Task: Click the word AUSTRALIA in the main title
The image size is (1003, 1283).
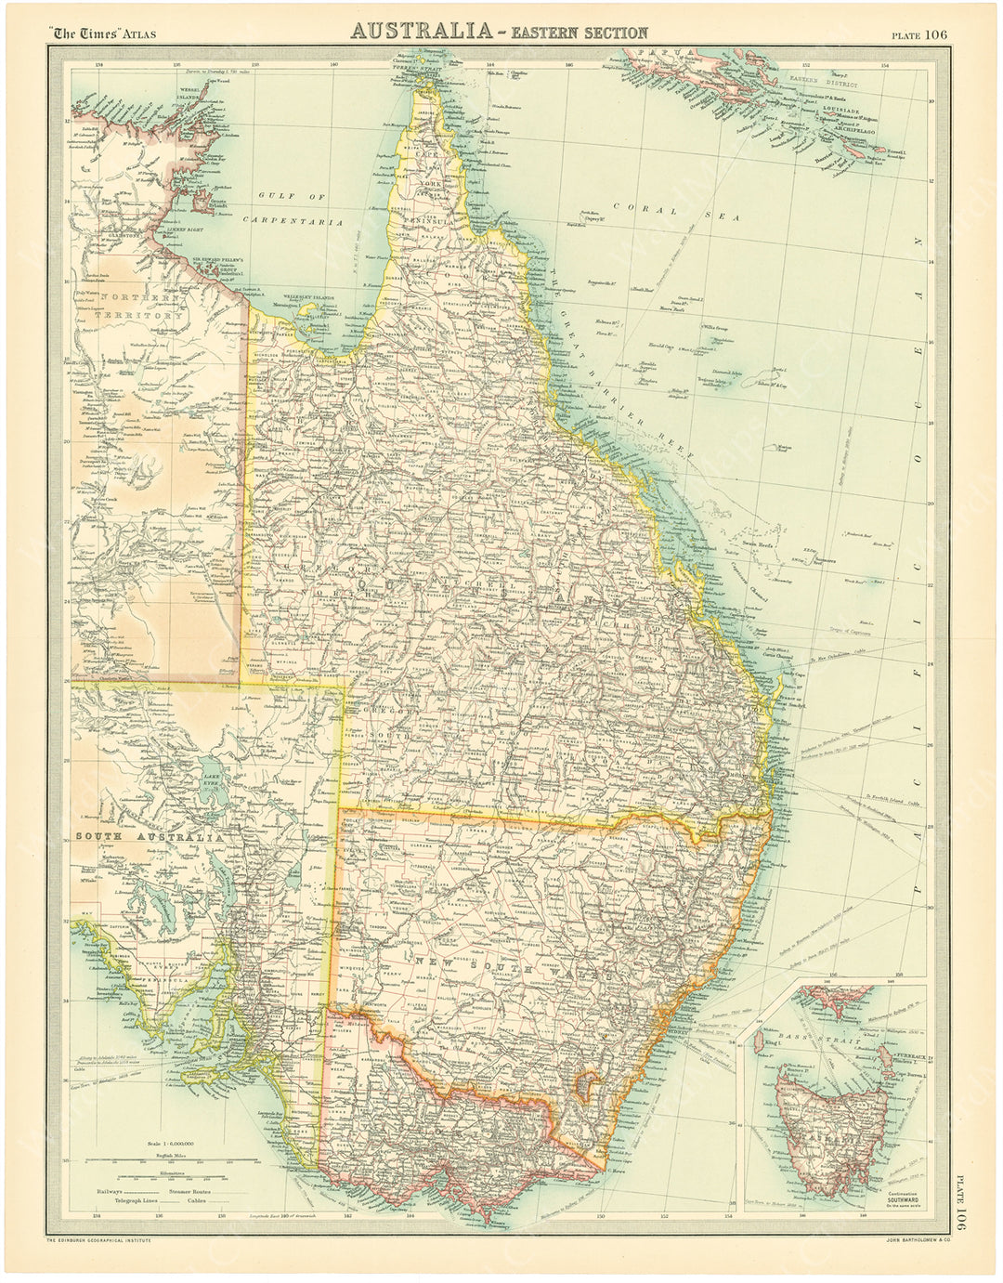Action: point(420,32)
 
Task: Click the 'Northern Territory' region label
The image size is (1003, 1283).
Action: point(139,308)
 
